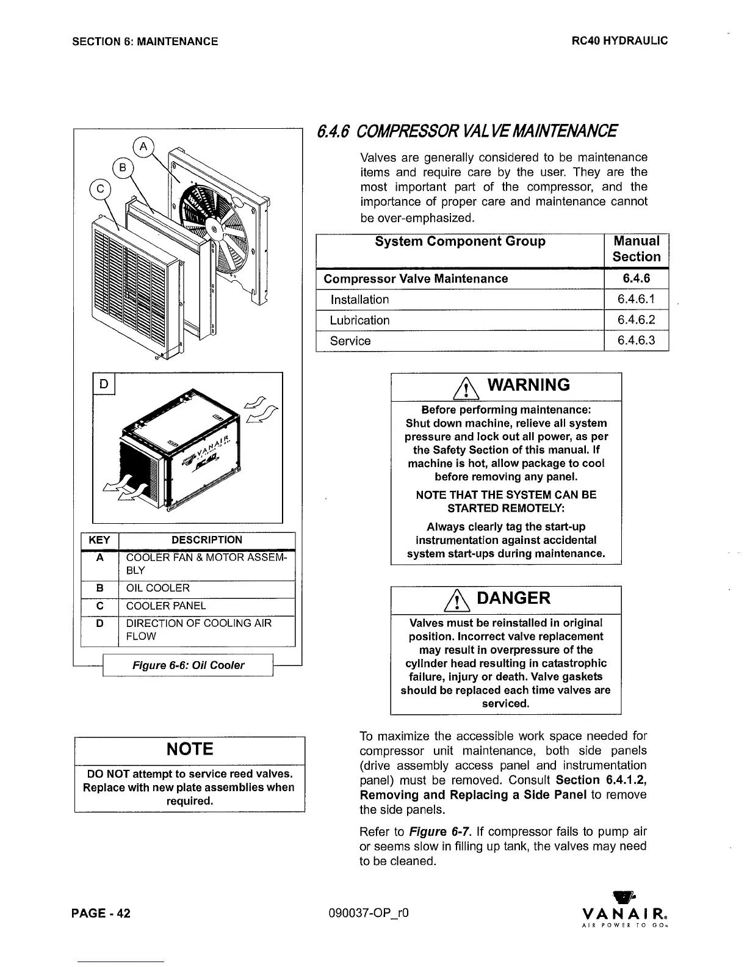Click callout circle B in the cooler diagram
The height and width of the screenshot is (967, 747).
tap(122, 167)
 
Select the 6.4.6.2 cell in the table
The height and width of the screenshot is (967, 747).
tap(636, 320)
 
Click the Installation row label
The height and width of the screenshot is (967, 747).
tap(359, 300)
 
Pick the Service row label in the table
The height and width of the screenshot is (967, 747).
tap(350, 341)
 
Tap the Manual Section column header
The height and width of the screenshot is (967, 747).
tap(636, 249)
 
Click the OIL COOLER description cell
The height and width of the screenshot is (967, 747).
tap(158, 588)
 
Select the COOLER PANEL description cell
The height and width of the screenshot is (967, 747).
tap(166, 606)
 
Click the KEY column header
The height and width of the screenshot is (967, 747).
tap(99, 540)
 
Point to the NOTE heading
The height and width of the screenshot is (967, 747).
tap(189, 749)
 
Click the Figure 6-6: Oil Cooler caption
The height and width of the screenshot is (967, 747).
tap(188, 665)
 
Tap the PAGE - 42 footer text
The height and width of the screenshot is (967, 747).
tap(101, 913)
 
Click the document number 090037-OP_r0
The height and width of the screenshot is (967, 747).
tap(367, 913)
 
